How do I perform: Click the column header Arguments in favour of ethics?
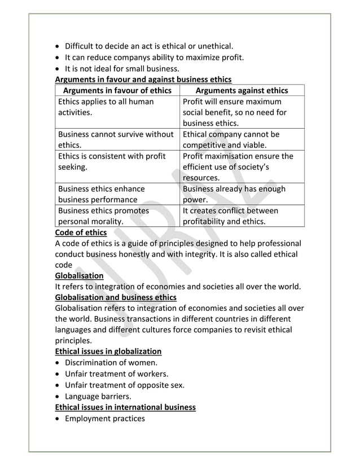[x=117, y=90]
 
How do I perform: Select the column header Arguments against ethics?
[x=242, y=90]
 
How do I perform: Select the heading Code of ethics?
[x=81, y=232]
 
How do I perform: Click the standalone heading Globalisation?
[x=79, y=276]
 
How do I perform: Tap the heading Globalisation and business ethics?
[x=116, y=297]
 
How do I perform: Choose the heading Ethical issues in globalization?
[x=108, y=351]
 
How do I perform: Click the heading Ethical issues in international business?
[x=125, y=407]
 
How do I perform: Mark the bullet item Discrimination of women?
[x=111, y=363]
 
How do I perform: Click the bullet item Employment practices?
[x=105, y=419]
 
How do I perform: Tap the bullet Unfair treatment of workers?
[x=116, y=373]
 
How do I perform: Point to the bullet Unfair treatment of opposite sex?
[x=125, y=385]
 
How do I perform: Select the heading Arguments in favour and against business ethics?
[x=143, y=80]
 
